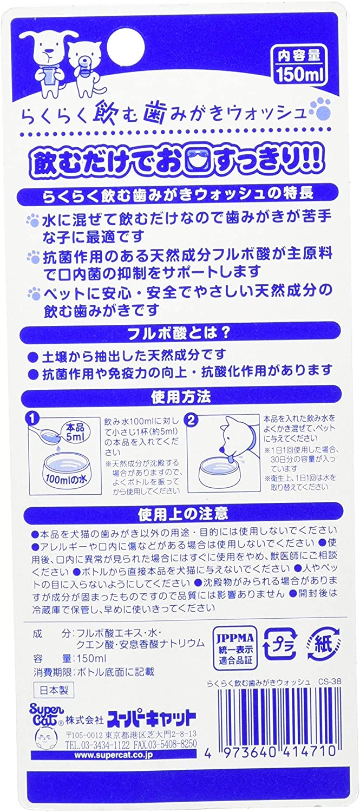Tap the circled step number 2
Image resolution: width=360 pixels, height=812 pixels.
coord(194,418)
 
